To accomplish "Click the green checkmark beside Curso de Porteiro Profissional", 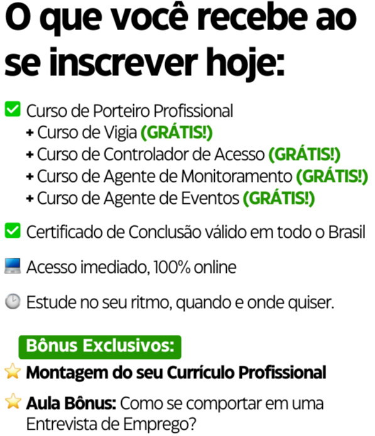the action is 13,109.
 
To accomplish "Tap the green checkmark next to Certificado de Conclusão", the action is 13,230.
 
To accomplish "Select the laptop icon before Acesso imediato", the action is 13,266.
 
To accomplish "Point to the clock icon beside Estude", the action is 13,301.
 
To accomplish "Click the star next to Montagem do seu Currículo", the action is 13,371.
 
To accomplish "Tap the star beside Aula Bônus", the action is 13,401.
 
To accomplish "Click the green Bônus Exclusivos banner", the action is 100,347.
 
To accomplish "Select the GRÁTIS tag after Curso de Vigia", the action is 177,132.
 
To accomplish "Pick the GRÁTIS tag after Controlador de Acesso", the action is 304,154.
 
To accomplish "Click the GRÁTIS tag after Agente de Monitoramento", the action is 332,176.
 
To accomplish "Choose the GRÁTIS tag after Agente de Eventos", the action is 279,198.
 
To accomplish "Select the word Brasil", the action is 347,232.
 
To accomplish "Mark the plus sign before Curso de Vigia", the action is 30,132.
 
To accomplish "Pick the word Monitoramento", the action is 237,176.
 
